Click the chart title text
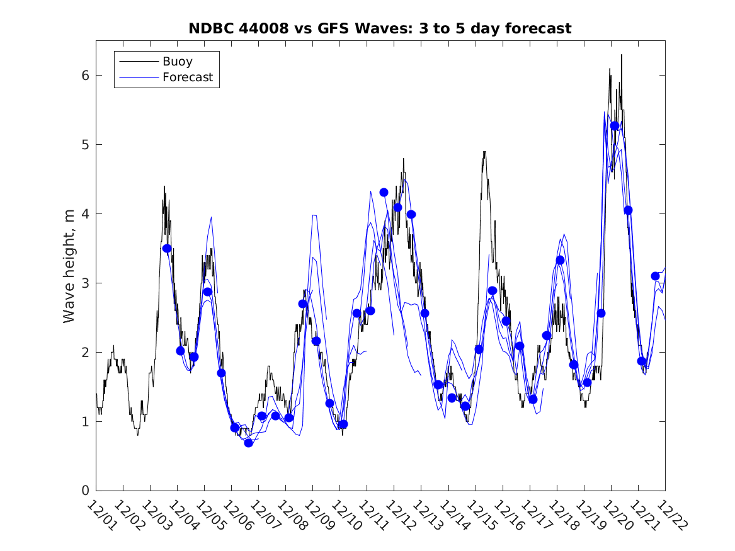tap(380, 28)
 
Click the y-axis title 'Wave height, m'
tap(69, 266)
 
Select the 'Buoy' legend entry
tap(177, 62)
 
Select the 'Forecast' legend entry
tap(187, 78)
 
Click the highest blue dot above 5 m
tap(615, 126)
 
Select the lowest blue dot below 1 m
tap(249, 443)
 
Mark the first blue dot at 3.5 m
tap(167, 248)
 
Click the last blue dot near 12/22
tap(655, 276)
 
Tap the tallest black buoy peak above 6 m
tap(622, 55)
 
